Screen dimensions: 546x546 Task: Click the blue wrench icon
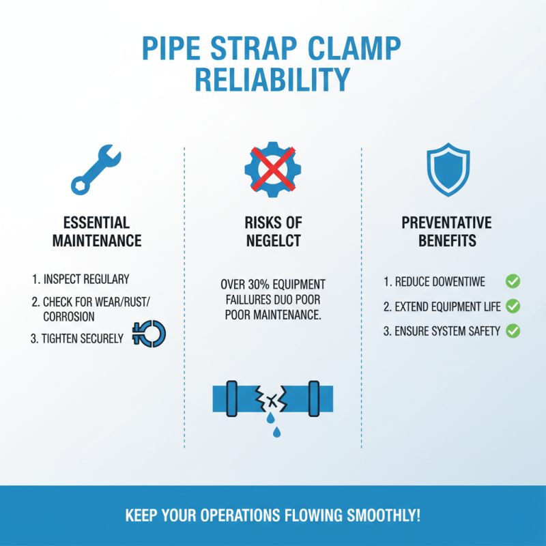point(96,168)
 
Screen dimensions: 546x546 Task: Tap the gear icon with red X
point(273,167)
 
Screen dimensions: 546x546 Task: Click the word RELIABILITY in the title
point(272,78)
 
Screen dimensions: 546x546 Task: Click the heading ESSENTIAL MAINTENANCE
point(96,232)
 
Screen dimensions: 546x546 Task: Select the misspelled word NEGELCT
point(273,241)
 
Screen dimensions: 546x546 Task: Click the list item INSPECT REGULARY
point(80,280)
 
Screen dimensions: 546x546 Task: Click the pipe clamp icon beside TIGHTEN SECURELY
point(149,334)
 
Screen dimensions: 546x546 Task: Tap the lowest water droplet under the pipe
point(276,432)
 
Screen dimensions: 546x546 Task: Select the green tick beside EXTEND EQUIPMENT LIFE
point(513,306)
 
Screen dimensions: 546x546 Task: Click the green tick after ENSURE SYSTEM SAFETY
point(513,331)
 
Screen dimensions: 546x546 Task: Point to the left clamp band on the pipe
point(231,397)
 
